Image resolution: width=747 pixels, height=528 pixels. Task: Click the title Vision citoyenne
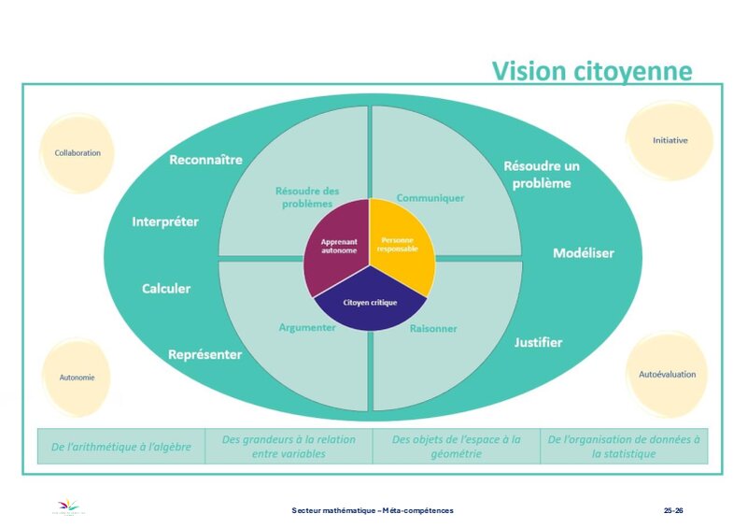coord(592,71)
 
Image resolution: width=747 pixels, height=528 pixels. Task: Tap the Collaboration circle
coord(78,152)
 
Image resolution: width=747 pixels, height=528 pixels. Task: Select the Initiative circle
coord(669,140)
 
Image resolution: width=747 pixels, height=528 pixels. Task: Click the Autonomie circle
coord(78,378)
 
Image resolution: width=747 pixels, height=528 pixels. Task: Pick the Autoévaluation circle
coord(667,374)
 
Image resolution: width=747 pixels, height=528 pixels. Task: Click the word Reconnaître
coord(205,160)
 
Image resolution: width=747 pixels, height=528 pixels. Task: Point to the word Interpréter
coord(165,221)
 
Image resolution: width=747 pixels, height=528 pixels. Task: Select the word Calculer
coord(166,289)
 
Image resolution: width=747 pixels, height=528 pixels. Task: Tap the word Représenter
coord(204,355)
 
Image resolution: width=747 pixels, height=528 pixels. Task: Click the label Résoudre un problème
coord(542,175)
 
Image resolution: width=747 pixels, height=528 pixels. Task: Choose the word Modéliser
coord(584,253)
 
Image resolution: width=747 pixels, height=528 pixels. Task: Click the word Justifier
coord(538,342)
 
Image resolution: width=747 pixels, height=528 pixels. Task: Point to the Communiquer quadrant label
coord(430,198)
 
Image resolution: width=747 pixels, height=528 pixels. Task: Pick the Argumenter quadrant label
coord(307,328)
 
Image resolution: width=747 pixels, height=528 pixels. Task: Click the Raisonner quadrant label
coord(433,328)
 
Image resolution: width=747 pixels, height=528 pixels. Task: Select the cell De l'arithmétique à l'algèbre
coord(120,447)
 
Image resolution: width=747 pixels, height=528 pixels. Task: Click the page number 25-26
coord(673,510)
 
